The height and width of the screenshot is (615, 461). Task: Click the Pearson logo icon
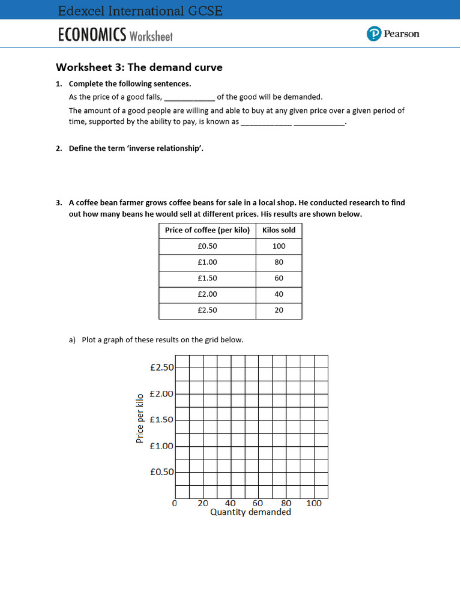(x=374, y=34)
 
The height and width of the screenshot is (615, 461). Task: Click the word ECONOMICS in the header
(x=92, y=35)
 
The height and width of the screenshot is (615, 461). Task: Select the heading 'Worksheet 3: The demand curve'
(x=139, y=67)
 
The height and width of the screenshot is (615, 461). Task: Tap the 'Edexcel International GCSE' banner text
(x=140, y=11)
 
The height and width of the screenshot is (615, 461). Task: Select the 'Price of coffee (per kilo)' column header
(x=207, y=230)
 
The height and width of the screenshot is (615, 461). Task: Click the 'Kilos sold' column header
(x=279, y=230)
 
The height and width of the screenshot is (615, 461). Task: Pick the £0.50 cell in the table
(x=207, y=246)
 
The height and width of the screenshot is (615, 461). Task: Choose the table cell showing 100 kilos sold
(x=279, y=246)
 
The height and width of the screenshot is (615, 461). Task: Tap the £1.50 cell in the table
(x=207, y=278)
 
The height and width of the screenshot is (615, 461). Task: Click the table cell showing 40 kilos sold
(x=279, y=294)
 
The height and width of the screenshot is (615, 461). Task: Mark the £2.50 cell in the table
(x=207, y=311)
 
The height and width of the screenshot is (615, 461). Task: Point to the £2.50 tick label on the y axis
(x=161, y=367)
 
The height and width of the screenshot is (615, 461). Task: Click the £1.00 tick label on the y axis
(x=161, y=446)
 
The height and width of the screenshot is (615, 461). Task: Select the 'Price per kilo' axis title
(x=140, y=419)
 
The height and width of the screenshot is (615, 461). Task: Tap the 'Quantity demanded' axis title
(x=250, y=512)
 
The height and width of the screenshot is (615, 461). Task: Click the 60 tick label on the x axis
(x=258, y=503)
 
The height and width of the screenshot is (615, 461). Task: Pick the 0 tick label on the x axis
(x=175, y=503)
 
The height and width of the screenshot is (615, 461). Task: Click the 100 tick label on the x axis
(x=314, y=503)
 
